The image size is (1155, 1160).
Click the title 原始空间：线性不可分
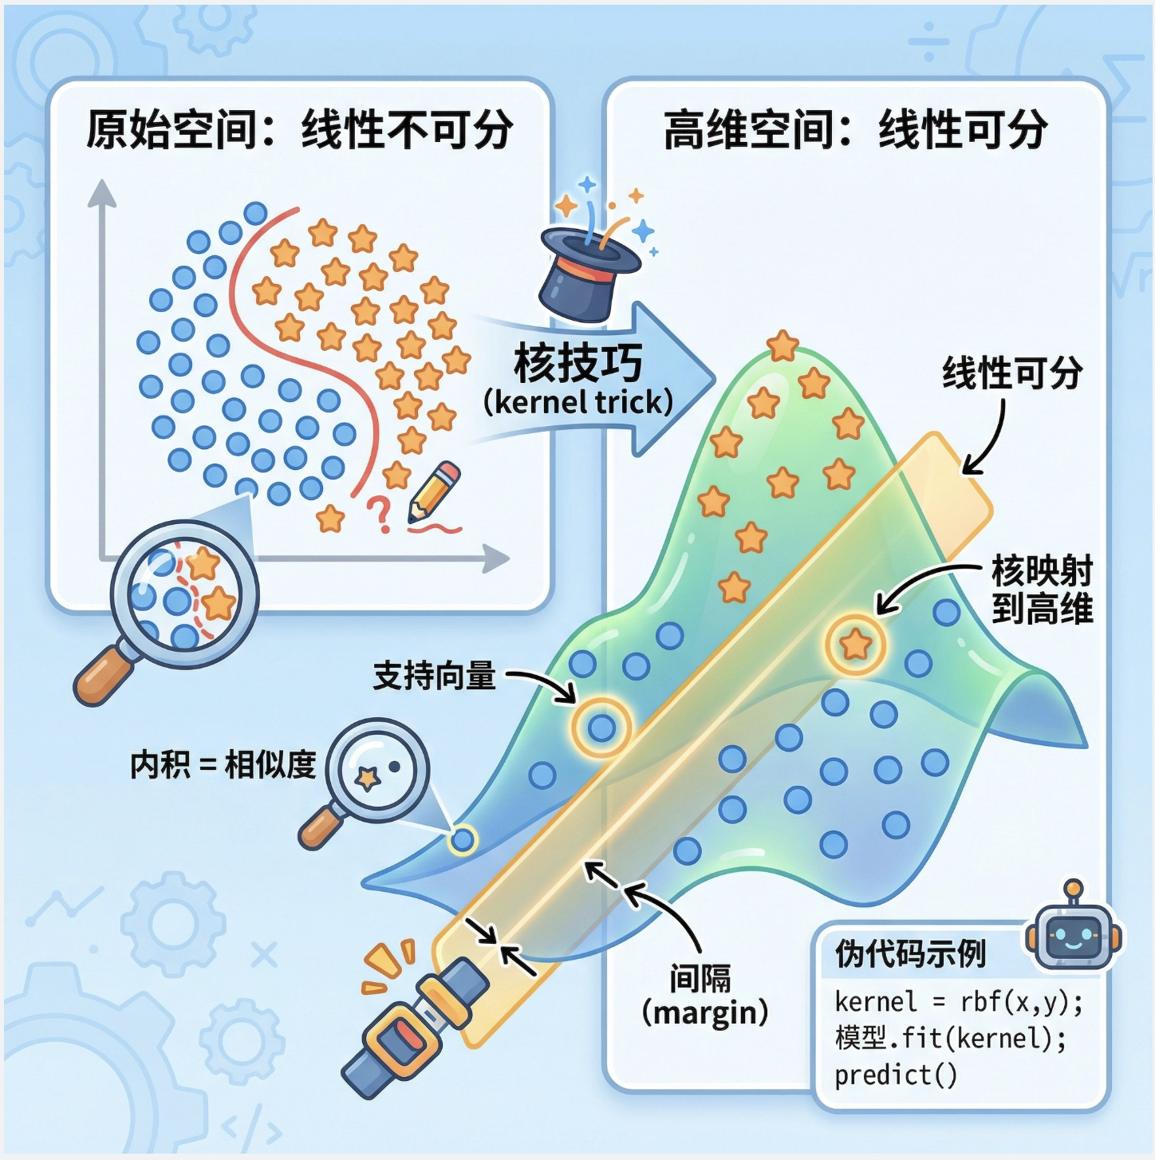point(300,129)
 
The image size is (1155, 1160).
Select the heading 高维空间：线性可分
point(855,129)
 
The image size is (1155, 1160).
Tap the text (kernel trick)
point(578,402)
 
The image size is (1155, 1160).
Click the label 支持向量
point(435,676)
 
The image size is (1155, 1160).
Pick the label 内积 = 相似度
point(223,764)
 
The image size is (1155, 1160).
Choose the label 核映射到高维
point(1042,590)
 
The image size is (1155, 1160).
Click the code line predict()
point(895,1075)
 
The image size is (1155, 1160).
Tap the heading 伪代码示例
point(910,953)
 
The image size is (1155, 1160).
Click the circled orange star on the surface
point(855,643)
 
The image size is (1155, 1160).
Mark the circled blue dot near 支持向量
point(601,727)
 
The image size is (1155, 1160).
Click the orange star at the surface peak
point(782,346)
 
